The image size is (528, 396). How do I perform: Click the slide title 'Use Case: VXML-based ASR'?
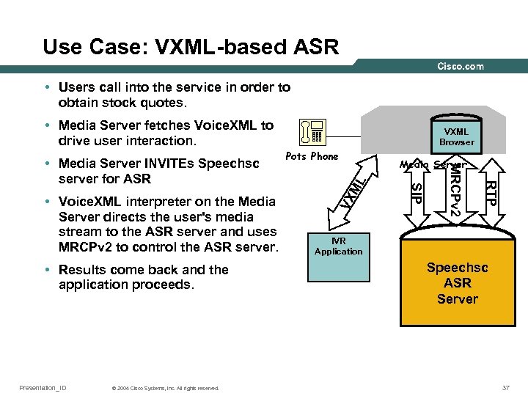click(191, 48)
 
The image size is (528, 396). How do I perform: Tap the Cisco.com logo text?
click(461, 66)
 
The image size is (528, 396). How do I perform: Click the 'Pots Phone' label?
click(312, 156)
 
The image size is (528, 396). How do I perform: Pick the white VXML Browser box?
click(456, 137)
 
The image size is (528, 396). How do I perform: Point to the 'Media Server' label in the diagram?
click(433, 164)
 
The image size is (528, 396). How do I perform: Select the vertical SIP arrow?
click(416, 194)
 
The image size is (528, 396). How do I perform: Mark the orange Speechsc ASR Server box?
click(457, 283)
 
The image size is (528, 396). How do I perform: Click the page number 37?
click(505, 387)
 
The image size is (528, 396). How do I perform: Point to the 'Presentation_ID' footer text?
click(43, 387)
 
